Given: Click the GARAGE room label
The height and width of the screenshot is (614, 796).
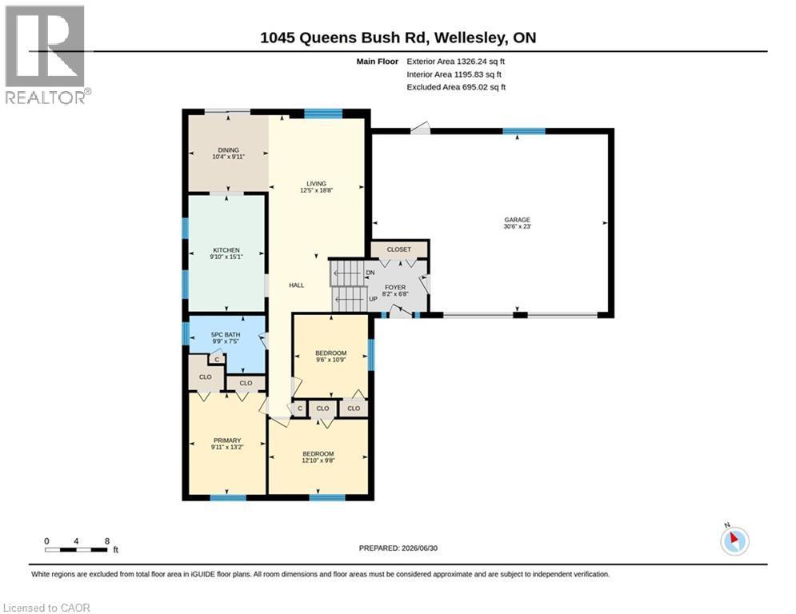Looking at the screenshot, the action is tap(518, 220).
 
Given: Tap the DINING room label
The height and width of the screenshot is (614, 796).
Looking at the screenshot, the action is tap(229, 150).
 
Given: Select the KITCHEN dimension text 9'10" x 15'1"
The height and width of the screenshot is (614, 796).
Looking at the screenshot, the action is tap(226, 257).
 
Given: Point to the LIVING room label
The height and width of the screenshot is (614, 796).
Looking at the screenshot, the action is tap(316, 184).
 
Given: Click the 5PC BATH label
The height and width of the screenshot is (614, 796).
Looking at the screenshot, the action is tap(226, 335).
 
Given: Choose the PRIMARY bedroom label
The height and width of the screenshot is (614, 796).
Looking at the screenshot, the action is tap(227, 441).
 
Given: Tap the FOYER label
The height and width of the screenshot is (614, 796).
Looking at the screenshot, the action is tap(395, 287).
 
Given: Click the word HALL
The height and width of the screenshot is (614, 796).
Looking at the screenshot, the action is tap(297, 285).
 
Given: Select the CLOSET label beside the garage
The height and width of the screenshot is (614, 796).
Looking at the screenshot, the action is tap(399, 249).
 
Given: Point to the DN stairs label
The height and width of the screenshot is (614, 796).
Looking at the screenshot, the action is tap(370, 273).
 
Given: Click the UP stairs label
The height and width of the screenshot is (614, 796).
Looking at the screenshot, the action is tap(373, 299).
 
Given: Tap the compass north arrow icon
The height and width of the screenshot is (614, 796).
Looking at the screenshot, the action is tap(734, 540).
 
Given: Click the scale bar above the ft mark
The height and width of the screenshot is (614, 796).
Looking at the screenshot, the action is tap(76, 549).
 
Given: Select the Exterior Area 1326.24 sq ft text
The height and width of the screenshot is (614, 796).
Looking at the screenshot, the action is tap(456, 62).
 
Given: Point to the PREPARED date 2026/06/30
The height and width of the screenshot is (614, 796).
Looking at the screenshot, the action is tap(398, 548).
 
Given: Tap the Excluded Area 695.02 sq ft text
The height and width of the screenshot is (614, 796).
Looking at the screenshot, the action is tap(456, 87).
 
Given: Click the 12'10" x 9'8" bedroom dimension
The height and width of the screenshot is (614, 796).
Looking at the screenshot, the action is tap(318, 460).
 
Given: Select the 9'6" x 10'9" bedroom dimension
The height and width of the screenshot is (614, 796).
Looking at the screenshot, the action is tap(331, 360).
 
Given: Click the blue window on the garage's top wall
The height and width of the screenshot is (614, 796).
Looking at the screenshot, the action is tap(524, 131).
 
